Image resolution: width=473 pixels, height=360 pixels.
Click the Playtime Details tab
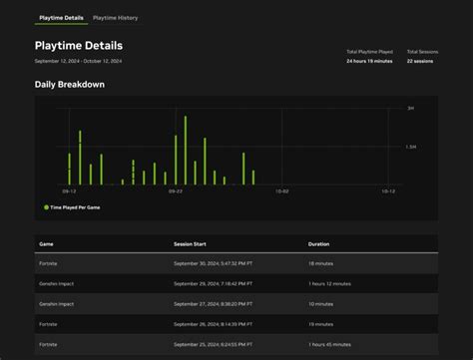tap(61, 18)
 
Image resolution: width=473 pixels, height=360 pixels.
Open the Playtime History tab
tap(115, 18)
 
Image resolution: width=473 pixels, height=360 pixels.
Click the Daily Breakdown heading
tap(69, 84)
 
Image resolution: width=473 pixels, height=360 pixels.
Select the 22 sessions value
tap(421, 61)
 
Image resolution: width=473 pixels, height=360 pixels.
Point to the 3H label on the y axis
tap(410, 108)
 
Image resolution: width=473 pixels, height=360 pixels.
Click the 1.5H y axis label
tap(410, 147)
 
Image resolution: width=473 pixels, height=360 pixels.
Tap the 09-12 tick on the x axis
tap(69, 190)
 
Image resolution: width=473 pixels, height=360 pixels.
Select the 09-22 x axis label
tap(175, 190)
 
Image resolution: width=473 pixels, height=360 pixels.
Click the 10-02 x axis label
tap(281, 190)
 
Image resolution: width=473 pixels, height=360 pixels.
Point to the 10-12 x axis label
tap(388, 190)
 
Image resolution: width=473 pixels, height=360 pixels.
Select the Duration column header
tap(319, 243)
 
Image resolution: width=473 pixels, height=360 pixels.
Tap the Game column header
tap(46, 243)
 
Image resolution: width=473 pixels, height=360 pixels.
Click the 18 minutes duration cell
tap(321, 263)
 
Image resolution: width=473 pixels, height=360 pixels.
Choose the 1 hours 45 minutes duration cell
tap(329, 345)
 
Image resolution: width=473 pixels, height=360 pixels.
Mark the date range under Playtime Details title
tap(78, 61)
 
